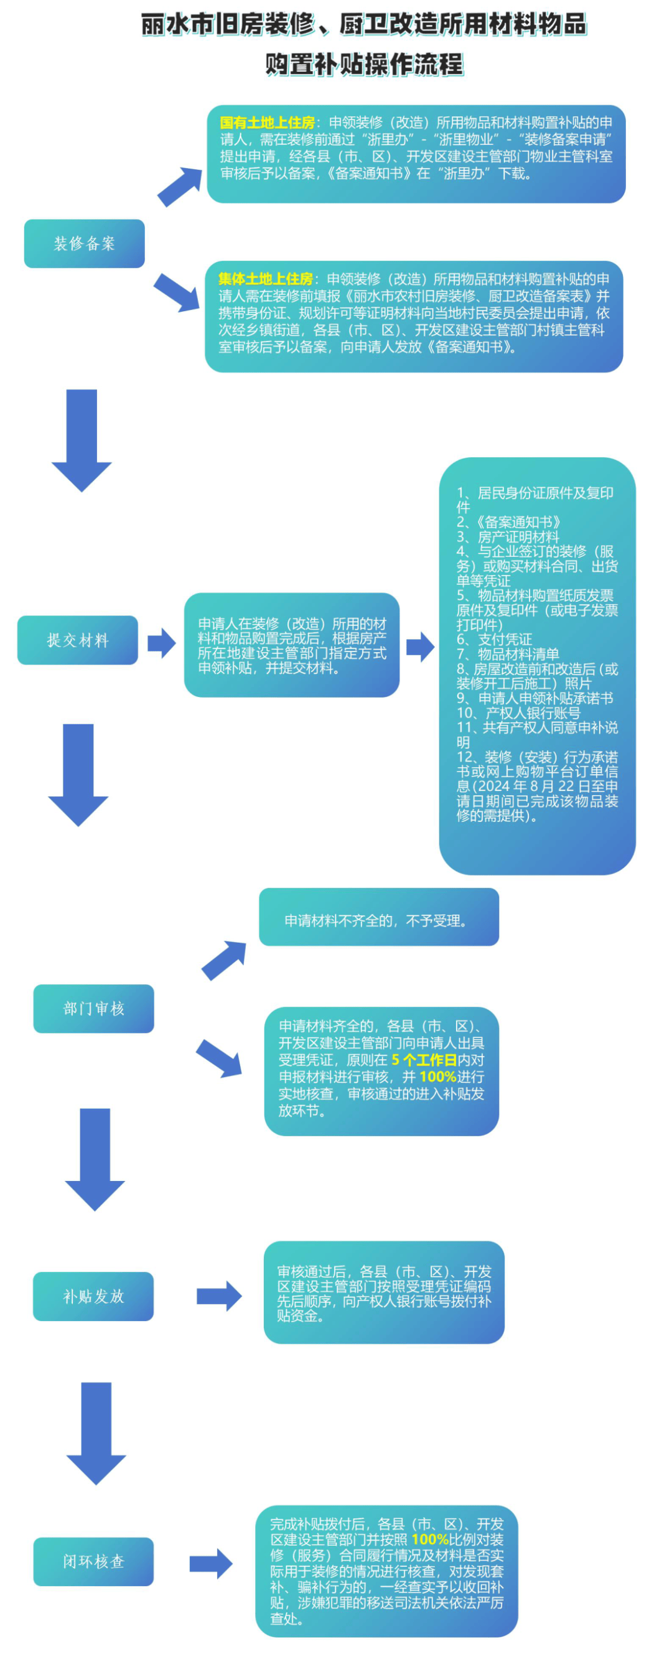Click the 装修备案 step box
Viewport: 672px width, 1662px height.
[84, 243]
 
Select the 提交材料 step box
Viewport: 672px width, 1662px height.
[77, 640]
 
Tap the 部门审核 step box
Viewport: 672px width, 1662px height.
[93, 1009]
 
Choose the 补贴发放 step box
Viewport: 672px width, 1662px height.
[93, 1296]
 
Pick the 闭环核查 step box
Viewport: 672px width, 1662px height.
[93, 1561]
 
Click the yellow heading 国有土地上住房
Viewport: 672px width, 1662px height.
[267, 123]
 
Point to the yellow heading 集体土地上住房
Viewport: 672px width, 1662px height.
[265, 279]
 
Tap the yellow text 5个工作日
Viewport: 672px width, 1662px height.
[424, 1060]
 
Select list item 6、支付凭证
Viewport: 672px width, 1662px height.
[495, 640]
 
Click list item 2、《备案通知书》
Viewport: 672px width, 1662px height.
[509, 522]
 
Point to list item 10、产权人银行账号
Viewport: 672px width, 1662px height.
[518, 713]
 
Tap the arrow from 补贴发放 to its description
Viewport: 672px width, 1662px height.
[219, 1296]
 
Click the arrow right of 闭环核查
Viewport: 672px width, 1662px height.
[211, 1563]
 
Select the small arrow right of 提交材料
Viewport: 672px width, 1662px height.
[161, 643]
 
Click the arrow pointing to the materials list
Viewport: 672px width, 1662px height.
[420, 647]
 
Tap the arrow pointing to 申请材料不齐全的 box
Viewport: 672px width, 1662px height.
[225, 960]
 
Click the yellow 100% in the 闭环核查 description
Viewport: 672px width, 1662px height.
[429, 1539]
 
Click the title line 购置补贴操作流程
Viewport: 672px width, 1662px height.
[364, 65]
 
